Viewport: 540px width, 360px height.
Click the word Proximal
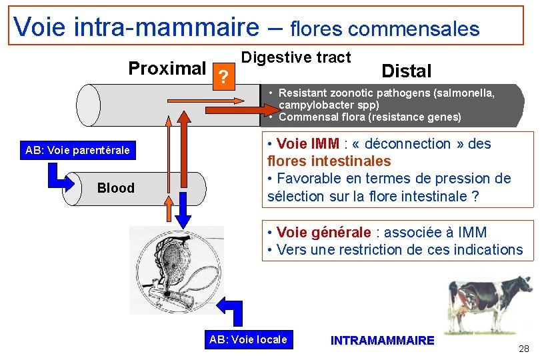click(167, 69)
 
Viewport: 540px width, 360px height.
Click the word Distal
click(406, 71)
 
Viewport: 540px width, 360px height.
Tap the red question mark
click(224, 78)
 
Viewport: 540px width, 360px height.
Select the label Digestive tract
click(295, 57)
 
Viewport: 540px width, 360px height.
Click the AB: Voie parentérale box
click(77, 151)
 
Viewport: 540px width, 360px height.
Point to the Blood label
click(115, 188)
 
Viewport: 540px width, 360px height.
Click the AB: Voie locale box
click(248, 339)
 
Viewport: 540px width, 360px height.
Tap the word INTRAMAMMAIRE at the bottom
click(382, 341)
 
